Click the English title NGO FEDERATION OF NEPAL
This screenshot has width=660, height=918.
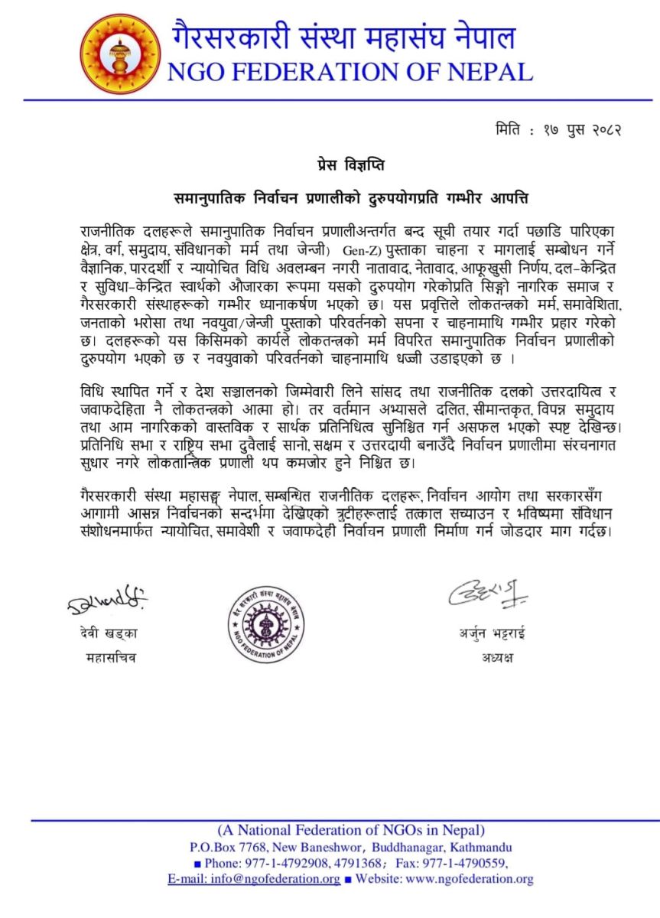[350, 72]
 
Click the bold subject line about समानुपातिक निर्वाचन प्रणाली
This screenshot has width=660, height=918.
[350, 197]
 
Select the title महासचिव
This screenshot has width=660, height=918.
[108, 657]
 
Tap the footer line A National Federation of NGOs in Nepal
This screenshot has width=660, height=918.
[351, 830]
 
